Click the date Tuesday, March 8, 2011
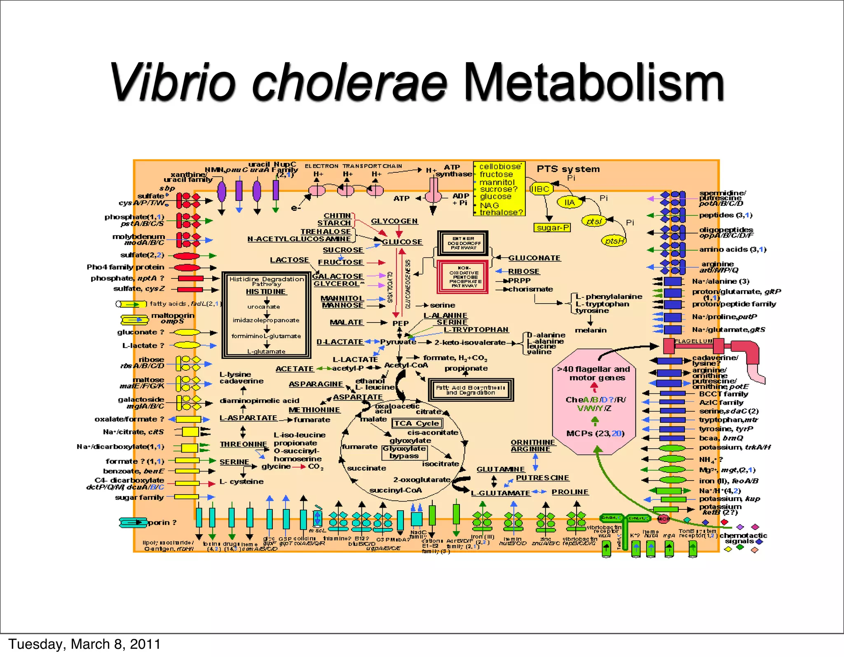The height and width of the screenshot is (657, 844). [84, 644]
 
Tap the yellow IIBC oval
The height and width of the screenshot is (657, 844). [540, 189]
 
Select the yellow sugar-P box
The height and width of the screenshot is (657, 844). [553, 228]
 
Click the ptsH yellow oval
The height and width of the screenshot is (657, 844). [614, 241]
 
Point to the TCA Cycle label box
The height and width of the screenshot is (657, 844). [417, 424]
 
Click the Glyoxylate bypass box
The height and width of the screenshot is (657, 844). [404, 452]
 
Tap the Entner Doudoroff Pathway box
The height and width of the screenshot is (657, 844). [463, 243]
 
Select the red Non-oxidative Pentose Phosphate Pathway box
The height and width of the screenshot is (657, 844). [463, 277]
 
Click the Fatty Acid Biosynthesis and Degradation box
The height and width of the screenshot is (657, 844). [470, 390]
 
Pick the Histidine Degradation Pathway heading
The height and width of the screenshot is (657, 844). [267, 281]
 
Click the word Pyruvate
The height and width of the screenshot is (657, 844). [398, 342]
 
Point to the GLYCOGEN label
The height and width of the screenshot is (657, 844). [394, 221]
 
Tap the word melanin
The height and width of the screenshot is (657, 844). [591, 330]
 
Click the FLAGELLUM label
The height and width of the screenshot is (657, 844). [694, 341]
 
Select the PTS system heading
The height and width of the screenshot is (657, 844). [568, 169]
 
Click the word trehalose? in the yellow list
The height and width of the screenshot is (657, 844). [501, 212]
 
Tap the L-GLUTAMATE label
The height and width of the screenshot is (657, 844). [500, 493]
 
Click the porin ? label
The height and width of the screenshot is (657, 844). [162, 523]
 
